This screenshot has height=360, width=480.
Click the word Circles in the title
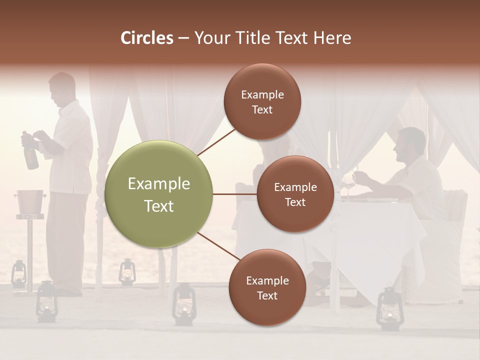(x=146, y=38)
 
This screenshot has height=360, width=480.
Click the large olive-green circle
(x=158, y=194)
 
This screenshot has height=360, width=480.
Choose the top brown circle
(x=262, y=101)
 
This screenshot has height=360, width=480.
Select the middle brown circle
(x=295, y=194)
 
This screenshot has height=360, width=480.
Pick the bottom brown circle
(x=267, y=287)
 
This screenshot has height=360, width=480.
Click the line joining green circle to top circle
(x=217, y=141)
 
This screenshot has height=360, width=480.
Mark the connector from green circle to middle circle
(x=234, y=194)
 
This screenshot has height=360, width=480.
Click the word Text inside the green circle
(x=158, y=206)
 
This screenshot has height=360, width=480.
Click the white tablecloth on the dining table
(x=370, y=235)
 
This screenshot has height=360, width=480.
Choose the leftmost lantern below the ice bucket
(x=19, y=273)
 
